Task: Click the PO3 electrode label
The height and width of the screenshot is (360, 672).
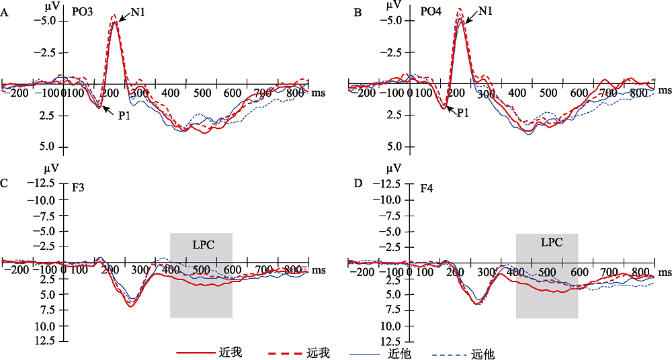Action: [x=83, y=12]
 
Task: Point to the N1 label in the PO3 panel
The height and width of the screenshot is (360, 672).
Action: [x=136, y=13]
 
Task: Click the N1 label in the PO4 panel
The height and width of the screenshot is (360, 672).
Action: [x=487, y=11]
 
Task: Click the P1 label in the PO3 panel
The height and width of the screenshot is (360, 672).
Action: [x=124, y=116]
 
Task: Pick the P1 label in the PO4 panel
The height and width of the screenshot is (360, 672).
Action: [x=463, y=113]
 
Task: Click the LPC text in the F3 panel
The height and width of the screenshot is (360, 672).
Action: [x=202, y=244]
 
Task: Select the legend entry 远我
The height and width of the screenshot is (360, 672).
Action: [x=319, y=352]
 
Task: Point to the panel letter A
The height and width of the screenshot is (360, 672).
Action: [x=5, y=13]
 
